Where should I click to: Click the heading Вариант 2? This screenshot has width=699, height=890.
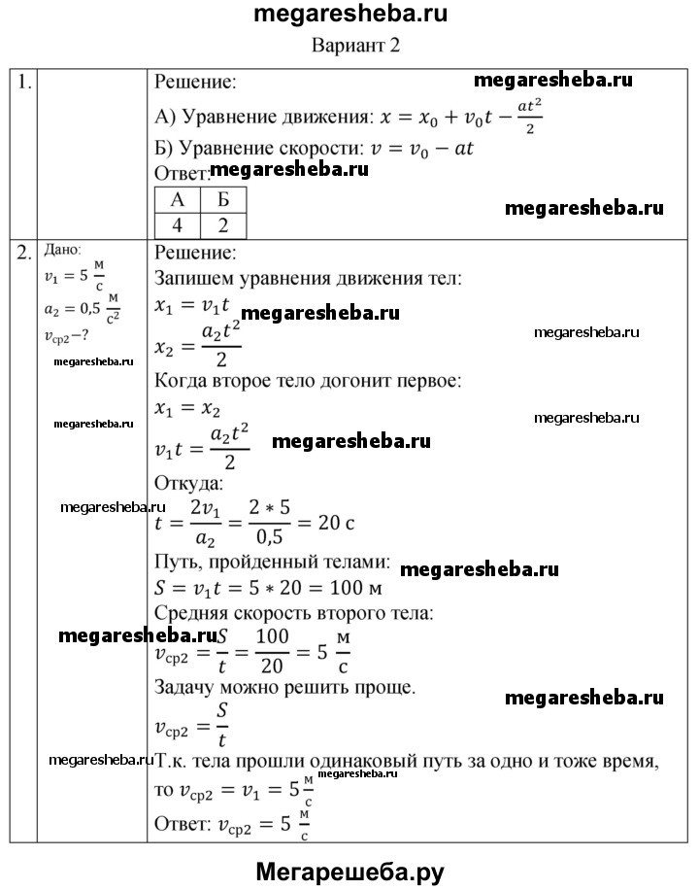(355, 45)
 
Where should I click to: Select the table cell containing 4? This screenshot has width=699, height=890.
(178, 225)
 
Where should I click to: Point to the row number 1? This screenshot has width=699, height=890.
(24, 84)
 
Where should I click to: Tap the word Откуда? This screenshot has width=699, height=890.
(188, 482)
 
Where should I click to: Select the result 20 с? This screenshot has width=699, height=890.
(335, 522)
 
